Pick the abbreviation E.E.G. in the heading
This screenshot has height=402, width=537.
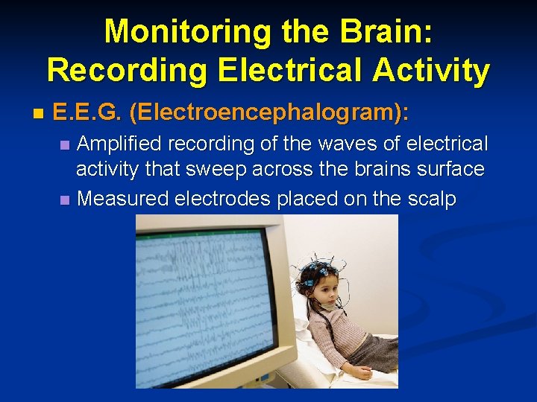click(88, 114)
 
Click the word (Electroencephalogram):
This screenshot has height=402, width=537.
click(268, 114)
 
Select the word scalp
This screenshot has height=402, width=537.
click(431, 199)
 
